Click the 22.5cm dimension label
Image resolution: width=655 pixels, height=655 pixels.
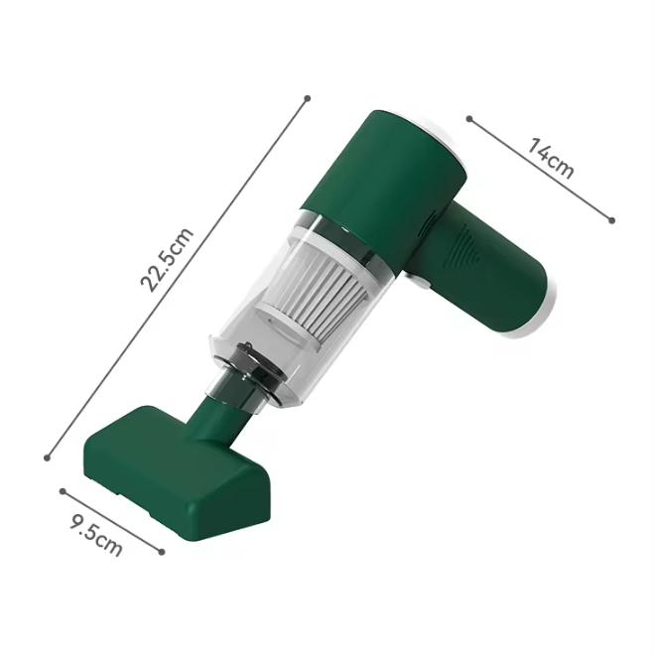[x=167, y=260]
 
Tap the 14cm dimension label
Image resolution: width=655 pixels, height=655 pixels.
[x=551, y=159]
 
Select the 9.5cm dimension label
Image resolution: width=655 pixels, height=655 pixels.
[x=96, y=536]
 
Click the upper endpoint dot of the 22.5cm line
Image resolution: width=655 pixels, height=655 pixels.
[x=308, y=99]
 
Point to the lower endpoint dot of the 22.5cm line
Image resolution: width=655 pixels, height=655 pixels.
[x=48, y=458]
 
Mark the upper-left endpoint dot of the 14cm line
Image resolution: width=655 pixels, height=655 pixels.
[x=469, y=119]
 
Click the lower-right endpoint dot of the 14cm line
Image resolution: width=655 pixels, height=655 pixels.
[x=612, y=220]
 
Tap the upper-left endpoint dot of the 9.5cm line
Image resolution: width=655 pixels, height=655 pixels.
[x=63, y=491]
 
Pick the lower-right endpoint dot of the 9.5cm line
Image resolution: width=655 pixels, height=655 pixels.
[x=162, y=552]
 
